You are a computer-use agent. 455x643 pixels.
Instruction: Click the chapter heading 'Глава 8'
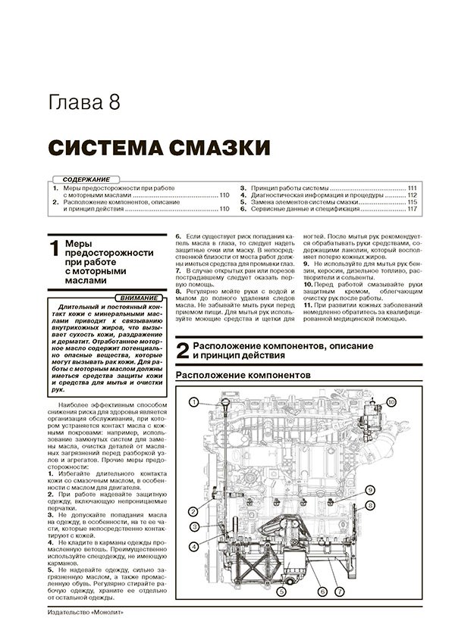pyautogui.click(x=84, y=102)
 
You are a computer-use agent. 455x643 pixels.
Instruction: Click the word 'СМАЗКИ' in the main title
pyautogui.click(x=220, y=147)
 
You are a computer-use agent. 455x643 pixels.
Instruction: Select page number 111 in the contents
pyautogui.click(x=413, y=189)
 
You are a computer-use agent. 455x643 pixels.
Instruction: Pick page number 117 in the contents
pyautogui.click(x=413, y=209)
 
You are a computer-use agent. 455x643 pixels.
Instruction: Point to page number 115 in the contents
pyautogui.click(x=413, y=202)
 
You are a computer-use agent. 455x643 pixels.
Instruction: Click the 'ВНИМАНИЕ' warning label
pyautogui.click(x=139, y=298)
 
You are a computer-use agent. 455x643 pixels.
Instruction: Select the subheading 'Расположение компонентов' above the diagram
pyautogui.click(x=243, y=375)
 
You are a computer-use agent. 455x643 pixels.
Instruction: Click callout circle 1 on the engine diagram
pyautogui.click(x=193, y=402)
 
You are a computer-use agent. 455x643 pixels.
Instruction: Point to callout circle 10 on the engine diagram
pyautogui.click(x=391, y=402)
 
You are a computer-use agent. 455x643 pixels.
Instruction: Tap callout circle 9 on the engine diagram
pyautogui.click(x=370, y=489)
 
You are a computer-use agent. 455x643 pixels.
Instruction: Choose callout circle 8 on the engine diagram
pyautogui.click(x=370, y=506)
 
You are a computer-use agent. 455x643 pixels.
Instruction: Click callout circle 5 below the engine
pyautogui.click(x=281, y=591)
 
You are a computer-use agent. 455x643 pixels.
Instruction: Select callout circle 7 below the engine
pyautogui.click(x=339, y=591)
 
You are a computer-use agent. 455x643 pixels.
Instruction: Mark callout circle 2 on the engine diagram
pyautogui.click(x=193, y=511)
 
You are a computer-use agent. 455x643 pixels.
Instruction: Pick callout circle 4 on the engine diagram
pyautogui.click(x=193, y=546)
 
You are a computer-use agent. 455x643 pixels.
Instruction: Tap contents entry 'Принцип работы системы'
pyautogui.click(x=290, y=189)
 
